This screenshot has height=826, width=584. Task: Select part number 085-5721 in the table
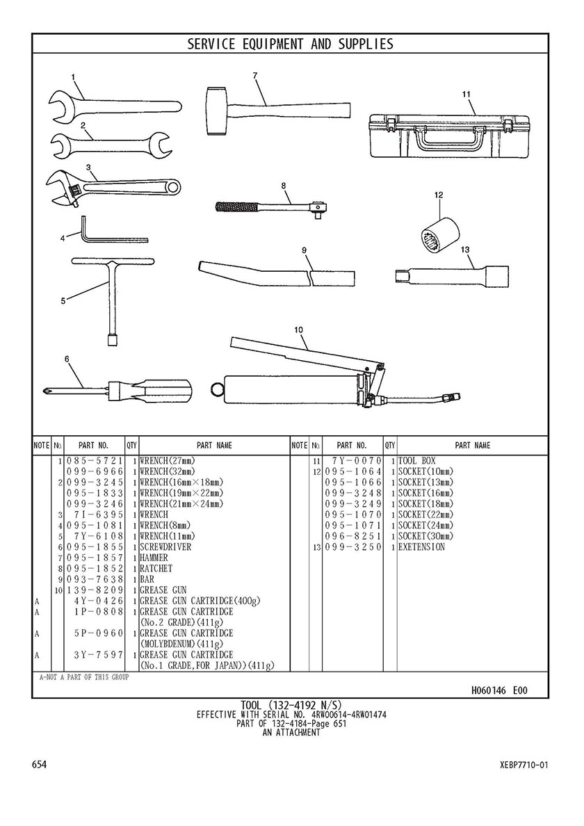pos(95,461)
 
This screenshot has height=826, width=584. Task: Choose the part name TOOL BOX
pos(417,461)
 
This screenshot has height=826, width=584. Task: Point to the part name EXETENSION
pos(422,547)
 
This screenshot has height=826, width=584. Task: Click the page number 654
pos(40,765)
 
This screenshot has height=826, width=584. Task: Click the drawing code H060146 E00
pos(499,690)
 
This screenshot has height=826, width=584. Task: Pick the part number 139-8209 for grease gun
pos(95,590)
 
